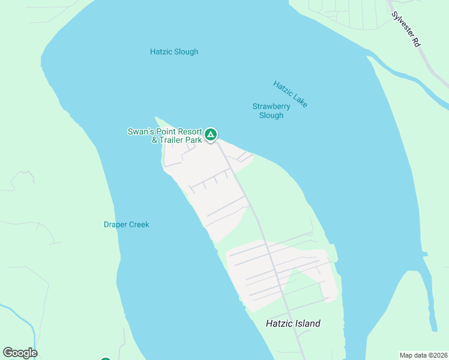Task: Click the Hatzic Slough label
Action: [174, 52]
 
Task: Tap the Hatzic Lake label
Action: [291, 94]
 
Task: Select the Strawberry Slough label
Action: [271, 111]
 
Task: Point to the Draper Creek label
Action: [126, 224]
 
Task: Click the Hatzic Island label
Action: [293, 323]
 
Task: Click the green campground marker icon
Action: [210, 134]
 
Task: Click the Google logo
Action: [20, 353]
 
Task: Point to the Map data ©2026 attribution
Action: [423, 355]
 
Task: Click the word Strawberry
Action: [271, 106]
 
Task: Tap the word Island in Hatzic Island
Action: [307, 323]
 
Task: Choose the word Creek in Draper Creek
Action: [138, 224]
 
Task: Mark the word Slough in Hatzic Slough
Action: [186, 52]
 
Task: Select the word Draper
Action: [114, 224]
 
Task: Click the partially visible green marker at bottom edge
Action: [106, 358]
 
